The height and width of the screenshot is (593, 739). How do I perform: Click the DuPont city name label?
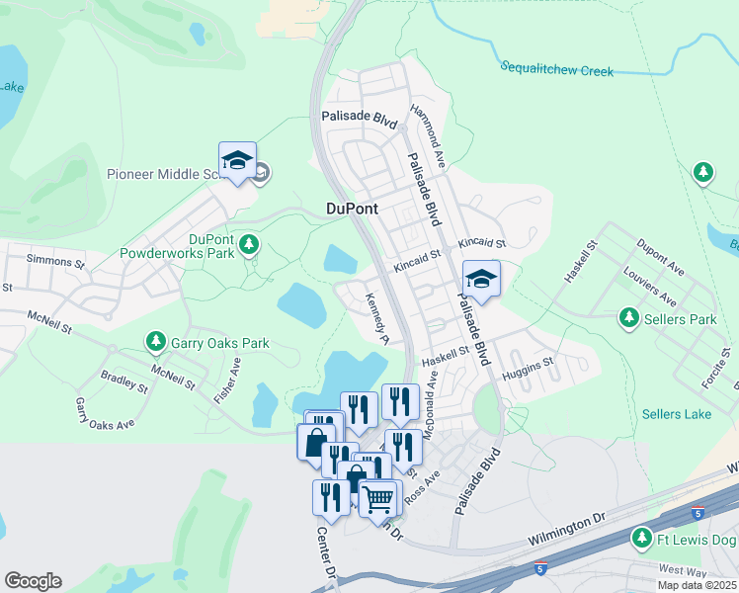[352, 210]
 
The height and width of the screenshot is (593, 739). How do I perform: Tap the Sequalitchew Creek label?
[556, 70]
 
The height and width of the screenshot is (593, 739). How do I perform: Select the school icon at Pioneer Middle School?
[237, 162]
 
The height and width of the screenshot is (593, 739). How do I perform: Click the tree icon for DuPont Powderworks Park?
[250, 243]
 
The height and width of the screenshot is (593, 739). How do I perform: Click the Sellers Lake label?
[676, 414]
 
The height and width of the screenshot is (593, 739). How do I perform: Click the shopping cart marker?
[378, 499]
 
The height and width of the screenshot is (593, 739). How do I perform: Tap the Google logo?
[33, 581]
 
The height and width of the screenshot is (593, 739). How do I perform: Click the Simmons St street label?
[55, 261]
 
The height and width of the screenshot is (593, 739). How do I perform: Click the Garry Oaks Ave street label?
[105, 413]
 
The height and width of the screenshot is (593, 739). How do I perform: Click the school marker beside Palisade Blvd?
[481, 280]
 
